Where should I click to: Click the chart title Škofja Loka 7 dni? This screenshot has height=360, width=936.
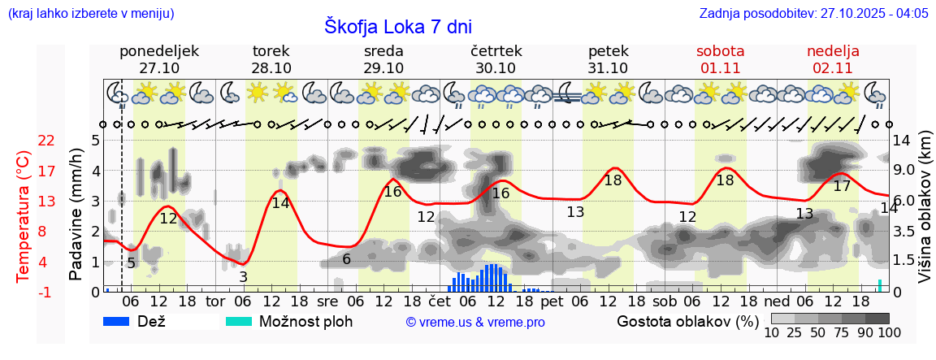(x=398, y=26)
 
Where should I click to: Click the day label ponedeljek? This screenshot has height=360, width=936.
(x=159, y=51)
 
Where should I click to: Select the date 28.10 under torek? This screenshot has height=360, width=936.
(x=271, y=68)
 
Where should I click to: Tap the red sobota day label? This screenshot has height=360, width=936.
(x=720, y=51)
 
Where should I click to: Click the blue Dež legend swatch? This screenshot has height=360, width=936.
(x=117, y=321)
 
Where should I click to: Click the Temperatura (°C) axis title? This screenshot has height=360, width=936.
(x=24, y=216)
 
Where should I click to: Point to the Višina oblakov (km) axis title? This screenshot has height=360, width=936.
(x=925, y=216)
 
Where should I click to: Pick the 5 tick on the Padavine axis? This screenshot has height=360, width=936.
(x=95, y=141)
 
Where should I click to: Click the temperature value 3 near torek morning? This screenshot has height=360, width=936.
(x=243, y=277)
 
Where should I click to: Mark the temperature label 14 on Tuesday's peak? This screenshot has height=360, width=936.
(x=280, y=203)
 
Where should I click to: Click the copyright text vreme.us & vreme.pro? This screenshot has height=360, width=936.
(x=475, y=322)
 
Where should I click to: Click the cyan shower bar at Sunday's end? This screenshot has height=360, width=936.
(x=880, y=285)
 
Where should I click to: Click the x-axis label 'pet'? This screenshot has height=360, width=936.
(x=552, y=302)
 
